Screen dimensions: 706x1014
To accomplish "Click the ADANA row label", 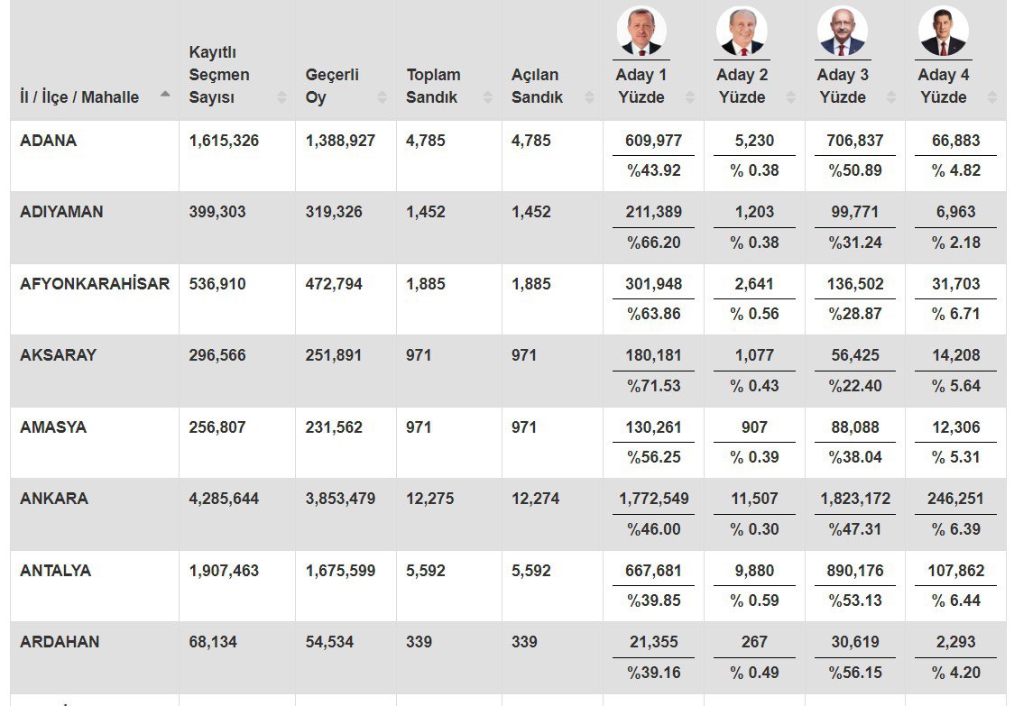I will [48, 141].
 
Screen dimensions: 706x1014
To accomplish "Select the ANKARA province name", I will [54, 499].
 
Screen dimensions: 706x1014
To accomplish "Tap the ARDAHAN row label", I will [60, 642].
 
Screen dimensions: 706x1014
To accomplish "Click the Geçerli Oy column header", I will [332, 86].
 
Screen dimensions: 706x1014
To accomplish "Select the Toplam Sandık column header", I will [433, 86].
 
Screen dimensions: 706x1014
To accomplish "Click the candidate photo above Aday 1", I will [641, 32].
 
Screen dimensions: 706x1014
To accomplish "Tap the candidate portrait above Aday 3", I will [843, 32].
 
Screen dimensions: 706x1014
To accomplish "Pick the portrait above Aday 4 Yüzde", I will [944, 32].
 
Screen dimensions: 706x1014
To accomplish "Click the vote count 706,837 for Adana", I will [855, 141].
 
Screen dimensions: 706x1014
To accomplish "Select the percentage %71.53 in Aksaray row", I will [654, 386].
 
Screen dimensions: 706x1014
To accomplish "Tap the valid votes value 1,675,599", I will [340, 571].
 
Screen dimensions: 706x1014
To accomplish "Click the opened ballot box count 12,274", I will [535, 499].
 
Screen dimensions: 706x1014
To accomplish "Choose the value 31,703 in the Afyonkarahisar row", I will [955, 284].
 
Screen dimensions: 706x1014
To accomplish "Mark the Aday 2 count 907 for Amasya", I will [754, 427].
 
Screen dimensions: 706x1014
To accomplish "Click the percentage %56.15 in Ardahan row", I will [855, 673].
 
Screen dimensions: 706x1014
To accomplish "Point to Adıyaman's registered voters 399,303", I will [217, 212].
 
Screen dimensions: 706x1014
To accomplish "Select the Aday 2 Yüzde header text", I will [742, 86].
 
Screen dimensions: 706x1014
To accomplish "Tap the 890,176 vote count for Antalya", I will [855, 571].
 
